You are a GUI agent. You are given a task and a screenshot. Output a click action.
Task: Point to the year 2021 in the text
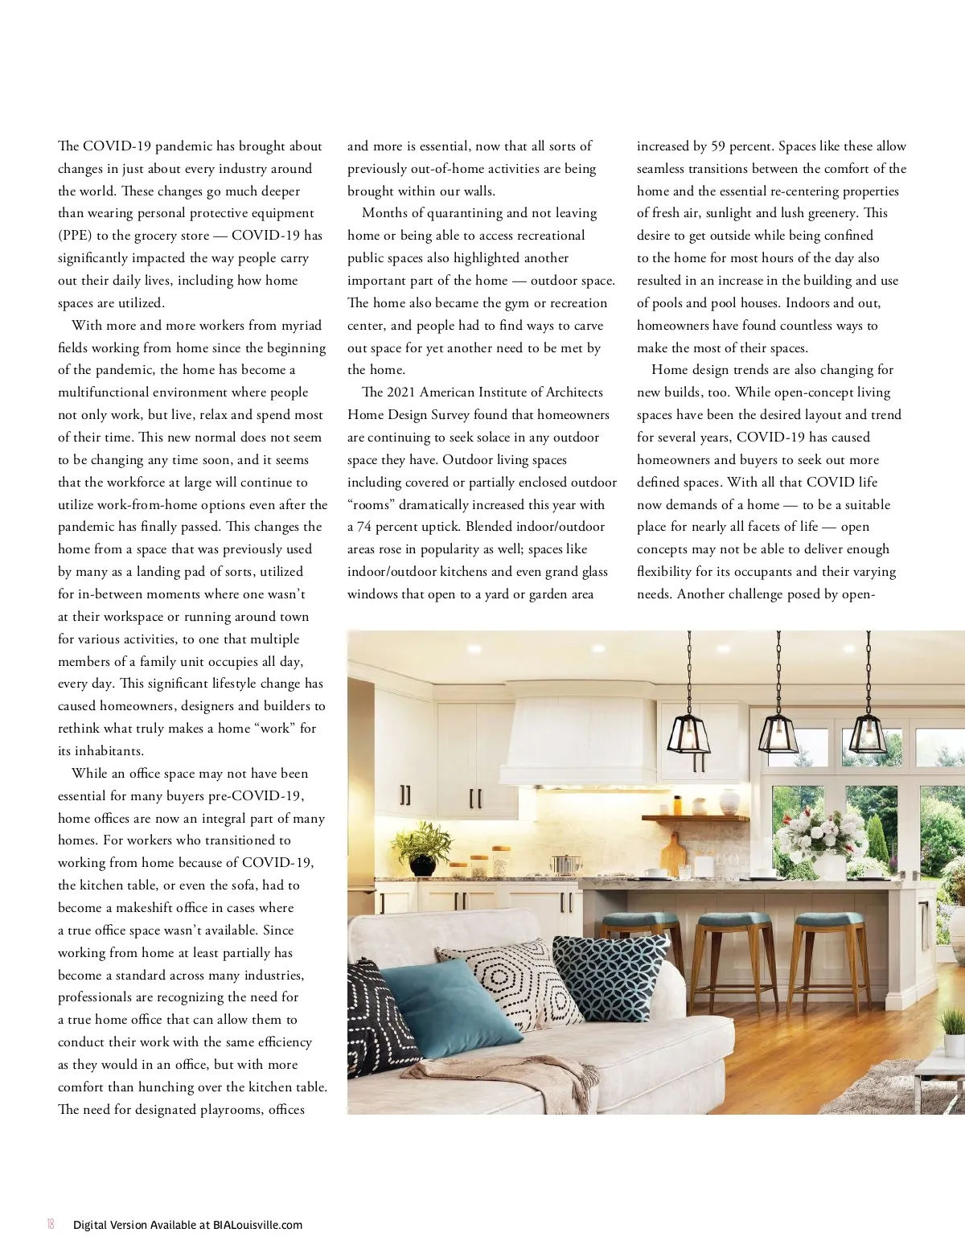coord(400,392)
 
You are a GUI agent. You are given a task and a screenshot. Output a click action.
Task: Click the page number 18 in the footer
coord(51,1225)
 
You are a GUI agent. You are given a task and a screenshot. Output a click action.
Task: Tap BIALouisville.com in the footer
coord(257,1225)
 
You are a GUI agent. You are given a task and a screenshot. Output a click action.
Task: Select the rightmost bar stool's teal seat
coord(828,921)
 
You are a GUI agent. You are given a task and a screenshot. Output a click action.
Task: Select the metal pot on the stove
coord(566,864)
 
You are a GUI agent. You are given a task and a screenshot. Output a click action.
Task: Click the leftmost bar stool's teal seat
coord(640,919)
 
